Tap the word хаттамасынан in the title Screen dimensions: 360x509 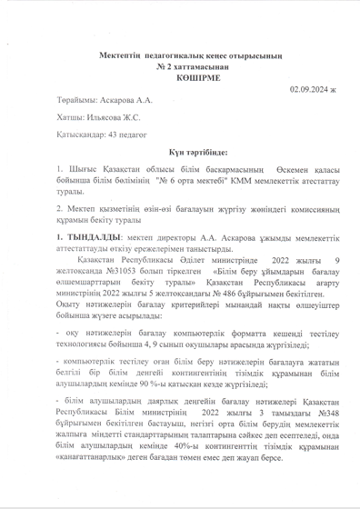point(189,67)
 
